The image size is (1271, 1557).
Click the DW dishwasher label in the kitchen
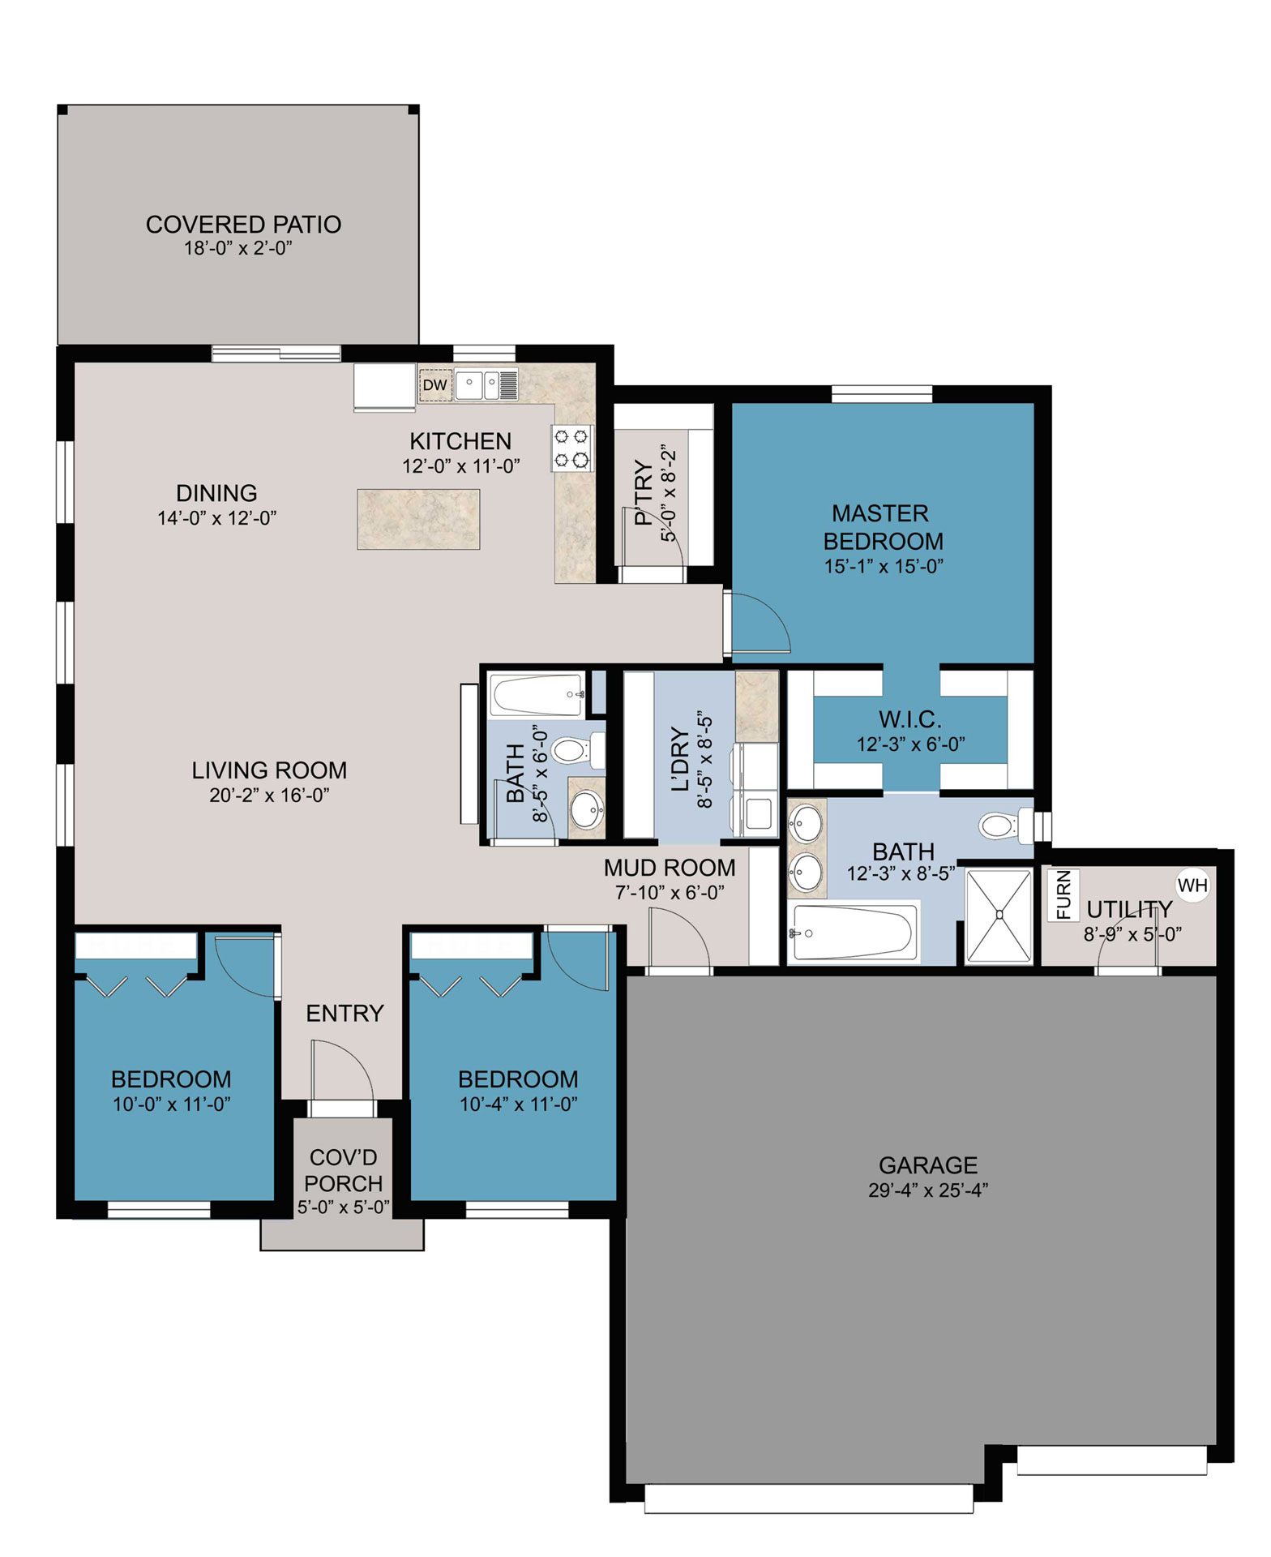[435, 385]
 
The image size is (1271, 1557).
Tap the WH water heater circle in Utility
[1192, 886]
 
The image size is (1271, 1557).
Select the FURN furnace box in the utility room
[1063, 895]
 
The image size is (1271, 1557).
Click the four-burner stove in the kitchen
[572, 448]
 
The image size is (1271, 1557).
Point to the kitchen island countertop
[418, 519]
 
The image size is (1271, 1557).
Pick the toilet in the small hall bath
[578, 750]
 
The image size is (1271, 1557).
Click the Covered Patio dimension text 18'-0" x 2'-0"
[238, 248]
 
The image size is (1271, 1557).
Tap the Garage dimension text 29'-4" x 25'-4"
[928, 1190]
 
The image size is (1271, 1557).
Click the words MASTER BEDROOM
[883, 527]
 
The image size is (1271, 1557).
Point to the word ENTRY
[344, 1013]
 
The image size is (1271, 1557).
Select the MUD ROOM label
[670, 868]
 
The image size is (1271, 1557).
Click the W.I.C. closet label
[910, 719]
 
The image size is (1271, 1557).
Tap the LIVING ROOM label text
[269, 770]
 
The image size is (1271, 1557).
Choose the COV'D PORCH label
[344, 1170]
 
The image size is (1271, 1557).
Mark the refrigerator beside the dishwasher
[385, 387]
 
